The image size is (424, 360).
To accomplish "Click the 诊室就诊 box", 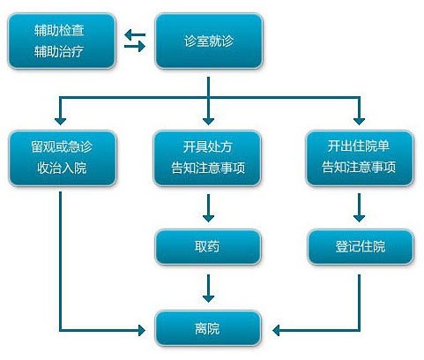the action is (x=209, y=41).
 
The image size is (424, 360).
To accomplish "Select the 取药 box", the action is (x=208, y=246).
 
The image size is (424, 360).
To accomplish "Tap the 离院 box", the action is (x=208, y=328).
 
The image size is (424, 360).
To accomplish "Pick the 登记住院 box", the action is (x=361, y=246).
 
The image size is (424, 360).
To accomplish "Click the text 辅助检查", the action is (x=59, y=31).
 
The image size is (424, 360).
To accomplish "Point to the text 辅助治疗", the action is (x=59, y=51).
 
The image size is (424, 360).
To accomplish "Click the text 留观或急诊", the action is (x=62, y=146).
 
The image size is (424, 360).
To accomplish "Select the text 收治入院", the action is (x=62, y=168).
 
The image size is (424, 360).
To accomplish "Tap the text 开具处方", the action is (x=208, y=146).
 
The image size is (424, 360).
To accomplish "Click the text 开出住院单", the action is (x=359, y=146).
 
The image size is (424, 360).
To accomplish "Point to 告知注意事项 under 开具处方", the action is (x=208, y=168).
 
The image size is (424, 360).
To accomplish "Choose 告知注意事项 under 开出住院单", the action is (x=359, y=167).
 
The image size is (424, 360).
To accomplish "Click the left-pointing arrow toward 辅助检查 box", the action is (x=135, y=34).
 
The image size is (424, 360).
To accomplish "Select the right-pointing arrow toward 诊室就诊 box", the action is (x=135, y=46).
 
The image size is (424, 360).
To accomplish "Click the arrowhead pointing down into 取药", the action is (x=208, y=218).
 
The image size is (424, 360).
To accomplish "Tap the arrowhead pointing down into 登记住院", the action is (x=359, y=218).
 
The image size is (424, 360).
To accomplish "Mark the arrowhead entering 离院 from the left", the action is (x=142, y=331).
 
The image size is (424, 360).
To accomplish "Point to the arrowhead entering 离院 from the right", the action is (x=276, y=331).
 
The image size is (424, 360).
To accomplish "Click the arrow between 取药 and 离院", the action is (x=208, y=289).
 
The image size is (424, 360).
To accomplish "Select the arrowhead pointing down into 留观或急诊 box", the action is (x=60, y=121).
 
